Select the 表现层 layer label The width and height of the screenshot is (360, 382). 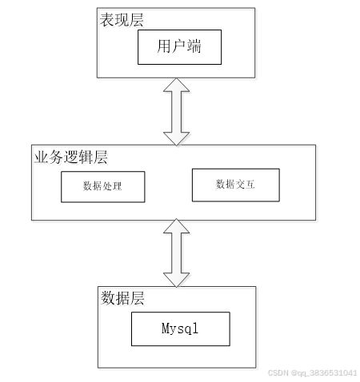click(122, 20)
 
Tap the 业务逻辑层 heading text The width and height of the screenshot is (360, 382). click(71, 157)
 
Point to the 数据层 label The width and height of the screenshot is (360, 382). click(122, 298)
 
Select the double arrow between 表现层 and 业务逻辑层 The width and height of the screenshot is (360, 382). click(176, 112)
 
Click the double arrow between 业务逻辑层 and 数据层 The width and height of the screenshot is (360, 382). click(176, 253)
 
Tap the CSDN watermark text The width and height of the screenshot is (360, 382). click(312, 372)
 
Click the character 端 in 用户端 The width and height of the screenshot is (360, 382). click(194, 46)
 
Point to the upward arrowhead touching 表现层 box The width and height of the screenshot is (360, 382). click(176, 85)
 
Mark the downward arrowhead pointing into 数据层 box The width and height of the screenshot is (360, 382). click(176, 280)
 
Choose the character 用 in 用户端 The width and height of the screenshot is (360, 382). click(163, 46)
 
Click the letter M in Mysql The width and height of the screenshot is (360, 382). click(165, 328)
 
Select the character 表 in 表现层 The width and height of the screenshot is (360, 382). click(107, 20)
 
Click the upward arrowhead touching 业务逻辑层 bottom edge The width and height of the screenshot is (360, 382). click(176, 226)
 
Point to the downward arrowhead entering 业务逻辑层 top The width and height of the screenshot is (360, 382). click(176, 139)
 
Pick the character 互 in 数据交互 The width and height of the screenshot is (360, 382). click(250, 185)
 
